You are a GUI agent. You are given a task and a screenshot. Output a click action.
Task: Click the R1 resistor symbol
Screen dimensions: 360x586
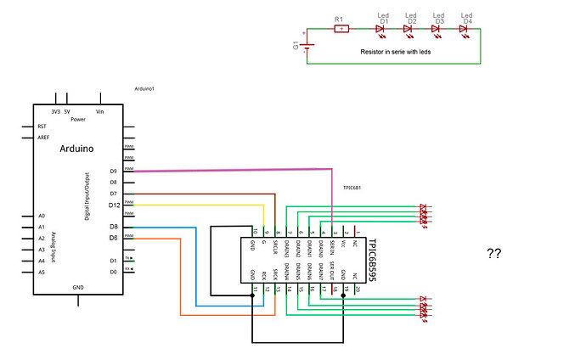click(x=341, y=29)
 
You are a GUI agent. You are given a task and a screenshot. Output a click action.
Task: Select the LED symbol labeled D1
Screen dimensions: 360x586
click(x=381, y=29)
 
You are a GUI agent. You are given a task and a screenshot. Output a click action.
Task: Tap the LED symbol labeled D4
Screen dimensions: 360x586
click(x=464, y=29)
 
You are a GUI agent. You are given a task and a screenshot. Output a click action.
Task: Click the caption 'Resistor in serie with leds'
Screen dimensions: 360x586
click(x=396, y=51)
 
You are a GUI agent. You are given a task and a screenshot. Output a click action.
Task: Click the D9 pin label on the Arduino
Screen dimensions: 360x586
click(x=114, y=171)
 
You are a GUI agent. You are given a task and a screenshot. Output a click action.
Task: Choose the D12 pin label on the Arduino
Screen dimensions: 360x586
click(x=114, y=205)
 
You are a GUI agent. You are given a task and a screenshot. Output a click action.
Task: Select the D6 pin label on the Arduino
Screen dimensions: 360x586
click(x=114, y=238)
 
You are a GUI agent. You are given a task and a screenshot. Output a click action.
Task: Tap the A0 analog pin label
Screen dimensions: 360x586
click(x=41, y=216)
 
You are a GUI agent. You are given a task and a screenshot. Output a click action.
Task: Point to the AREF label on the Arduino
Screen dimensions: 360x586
click(x=43, y=137)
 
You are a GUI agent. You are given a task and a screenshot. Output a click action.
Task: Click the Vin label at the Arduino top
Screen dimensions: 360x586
click(x=100, y=111)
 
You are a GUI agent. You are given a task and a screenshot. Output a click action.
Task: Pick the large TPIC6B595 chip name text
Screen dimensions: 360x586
click(x=374, y=258)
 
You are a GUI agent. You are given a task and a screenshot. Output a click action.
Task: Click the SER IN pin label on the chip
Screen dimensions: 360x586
click(x=332, y=247)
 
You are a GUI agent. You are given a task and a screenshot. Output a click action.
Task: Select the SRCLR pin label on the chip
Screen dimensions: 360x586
click(x=276, y=247)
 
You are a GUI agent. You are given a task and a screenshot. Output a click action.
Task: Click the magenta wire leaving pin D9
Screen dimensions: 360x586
click(x=229, y=171)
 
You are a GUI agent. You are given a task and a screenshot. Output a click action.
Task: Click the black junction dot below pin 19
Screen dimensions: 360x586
click(x=343, y=295)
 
